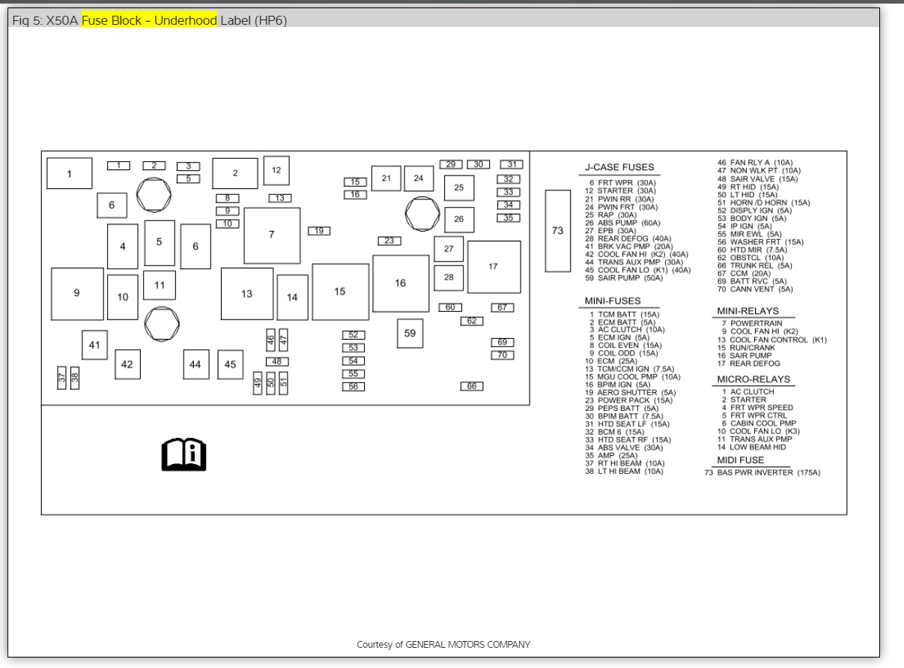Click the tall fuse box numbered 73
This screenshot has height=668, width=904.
click(x=557, y=231)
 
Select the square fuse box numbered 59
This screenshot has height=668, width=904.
click(x=410, y=334)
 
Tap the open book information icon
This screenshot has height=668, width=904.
click(x=183, y=454)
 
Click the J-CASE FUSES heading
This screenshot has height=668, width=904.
click(x=619, y=167)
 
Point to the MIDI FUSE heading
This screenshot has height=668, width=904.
click(x=741, y=460)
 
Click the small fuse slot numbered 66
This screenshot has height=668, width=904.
click(x=472, y=386)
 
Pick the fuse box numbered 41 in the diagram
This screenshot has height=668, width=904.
click(x=94, y=345)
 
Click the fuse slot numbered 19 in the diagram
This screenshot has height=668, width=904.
click(x=319, y=231)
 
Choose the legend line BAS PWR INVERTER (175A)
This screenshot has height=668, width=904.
click(x=762, y=473)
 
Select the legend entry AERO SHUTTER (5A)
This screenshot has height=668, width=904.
click(x=631, y=392)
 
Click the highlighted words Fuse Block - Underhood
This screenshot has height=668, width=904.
click(x=149, y=20)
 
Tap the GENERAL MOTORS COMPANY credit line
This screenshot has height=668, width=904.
click(x=443, y=644)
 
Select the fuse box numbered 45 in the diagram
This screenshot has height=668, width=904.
click(x=230, y=364)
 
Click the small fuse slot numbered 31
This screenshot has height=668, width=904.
click(x=512, y=164)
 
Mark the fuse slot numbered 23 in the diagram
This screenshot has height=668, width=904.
click(x=389, y=241)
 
